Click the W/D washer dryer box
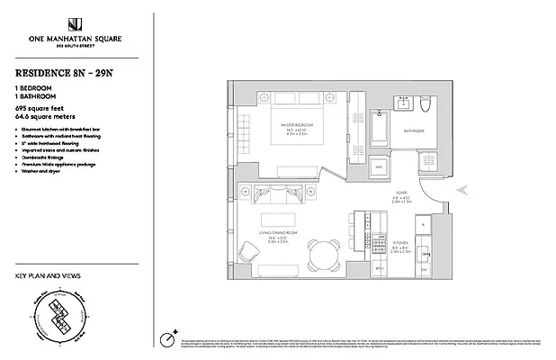point(378,167)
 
